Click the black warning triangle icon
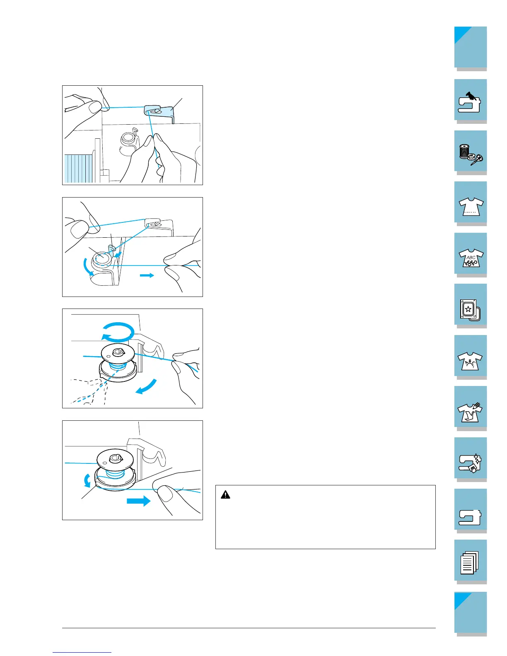coord(225,495)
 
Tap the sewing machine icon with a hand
coord(469,102)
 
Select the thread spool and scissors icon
coord(471,154)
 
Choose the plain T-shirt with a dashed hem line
coord(471,207)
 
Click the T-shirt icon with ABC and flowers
coord(471,258)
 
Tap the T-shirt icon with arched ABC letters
coord(470,361)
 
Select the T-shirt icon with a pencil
coord(470,412)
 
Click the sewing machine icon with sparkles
coord(470,463)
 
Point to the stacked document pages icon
coord(470,562)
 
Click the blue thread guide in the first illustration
coord(159,112)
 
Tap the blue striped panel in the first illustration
coord(79,169)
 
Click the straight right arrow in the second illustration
coord(147,275)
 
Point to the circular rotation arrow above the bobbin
coord(118,332)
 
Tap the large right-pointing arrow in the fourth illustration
coord(139,501)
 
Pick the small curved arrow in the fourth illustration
coord(87,480)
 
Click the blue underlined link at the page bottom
coord(82,652)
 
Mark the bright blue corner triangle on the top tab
coord(461,33)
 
